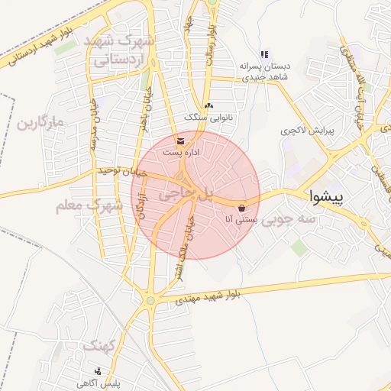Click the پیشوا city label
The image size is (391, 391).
click(327, 196)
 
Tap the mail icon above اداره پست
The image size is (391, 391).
click(179, 141)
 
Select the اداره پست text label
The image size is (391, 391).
click(182, 153)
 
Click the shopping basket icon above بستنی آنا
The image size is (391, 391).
click(242, 208)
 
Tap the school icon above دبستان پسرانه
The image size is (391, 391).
click(264, 54)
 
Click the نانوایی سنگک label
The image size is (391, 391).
click(208, 116)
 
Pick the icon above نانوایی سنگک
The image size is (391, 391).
click(209, 105)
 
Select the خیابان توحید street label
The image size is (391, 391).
click(121, 173)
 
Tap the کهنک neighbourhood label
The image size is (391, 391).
click(99, 346)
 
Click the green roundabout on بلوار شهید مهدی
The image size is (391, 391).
click(150, 300)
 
